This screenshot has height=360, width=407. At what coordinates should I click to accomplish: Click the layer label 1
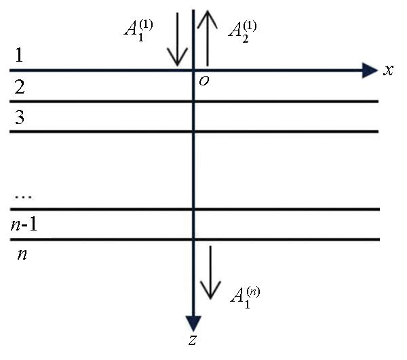click(x=19, y=55)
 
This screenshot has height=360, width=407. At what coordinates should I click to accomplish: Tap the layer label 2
click(x=20, y=87)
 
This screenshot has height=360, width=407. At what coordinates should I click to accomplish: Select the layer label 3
click(x=20, y=117)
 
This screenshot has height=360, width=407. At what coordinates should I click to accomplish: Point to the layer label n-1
click(x=24, y=224)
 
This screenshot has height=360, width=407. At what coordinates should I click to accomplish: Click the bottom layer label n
click(x=22, y=254)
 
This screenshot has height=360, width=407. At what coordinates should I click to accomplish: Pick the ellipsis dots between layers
click(x=24, y=197)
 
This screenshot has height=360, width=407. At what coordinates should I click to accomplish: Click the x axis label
click(x=388, y=70)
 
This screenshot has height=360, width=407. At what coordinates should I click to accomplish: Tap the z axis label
click(x=193, y=340)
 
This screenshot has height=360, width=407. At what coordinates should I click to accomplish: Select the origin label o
click(x=203, y=81)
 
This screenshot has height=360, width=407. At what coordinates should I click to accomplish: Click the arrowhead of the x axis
click(x=370, y=70)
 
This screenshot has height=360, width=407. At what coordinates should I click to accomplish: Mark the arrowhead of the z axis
click(x=193, y=323)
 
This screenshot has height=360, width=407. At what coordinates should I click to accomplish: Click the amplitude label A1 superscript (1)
click(x=138, y=31)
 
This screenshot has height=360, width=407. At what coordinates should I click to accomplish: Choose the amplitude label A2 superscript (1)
click(x=242, y=32)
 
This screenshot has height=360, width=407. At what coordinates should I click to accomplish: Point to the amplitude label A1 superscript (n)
click(x=245, y=298)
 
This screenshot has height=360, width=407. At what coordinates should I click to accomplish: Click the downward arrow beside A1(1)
click(x=178, y=39)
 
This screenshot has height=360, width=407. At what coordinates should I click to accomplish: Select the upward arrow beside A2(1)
click(x=208, y=38)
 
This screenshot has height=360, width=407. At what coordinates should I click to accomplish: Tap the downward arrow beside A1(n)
click(x=210, y=273)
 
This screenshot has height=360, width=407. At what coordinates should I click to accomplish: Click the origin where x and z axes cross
click(x=193, y=70)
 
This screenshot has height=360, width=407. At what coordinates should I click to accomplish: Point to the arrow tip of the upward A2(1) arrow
click(x=208, y=10)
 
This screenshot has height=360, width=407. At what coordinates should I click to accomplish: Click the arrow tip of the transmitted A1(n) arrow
click(x=210, y=299)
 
